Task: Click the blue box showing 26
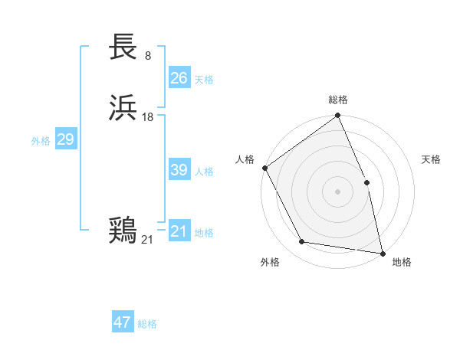179,77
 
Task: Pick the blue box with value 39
179,170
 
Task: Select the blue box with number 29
65,139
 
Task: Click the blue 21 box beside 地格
179,231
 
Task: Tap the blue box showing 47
123,322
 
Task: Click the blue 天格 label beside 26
204,79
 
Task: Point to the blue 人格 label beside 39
204,172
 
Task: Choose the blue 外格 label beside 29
41,141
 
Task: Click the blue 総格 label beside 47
147,324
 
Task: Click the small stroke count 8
148,56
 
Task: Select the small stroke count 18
148,117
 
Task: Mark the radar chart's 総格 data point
338,116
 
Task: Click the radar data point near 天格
366,182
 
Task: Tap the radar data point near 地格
382,252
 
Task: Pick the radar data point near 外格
302,242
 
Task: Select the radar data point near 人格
265,168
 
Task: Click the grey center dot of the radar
337,191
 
